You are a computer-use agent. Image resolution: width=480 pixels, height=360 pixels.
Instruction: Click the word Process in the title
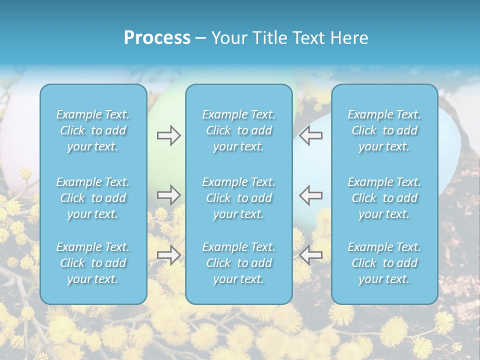click(157, 38)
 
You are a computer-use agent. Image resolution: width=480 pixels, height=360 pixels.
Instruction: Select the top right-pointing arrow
click(168, 135)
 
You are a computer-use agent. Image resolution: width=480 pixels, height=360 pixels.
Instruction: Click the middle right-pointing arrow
click(168, 195)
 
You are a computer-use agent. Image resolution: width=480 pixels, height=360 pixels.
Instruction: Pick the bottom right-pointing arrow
click(168, 255)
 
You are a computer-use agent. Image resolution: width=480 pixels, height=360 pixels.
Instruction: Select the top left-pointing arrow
click(311, 135)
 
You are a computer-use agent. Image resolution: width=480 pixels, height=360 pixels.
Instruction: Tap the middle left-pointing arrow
click(311, 195)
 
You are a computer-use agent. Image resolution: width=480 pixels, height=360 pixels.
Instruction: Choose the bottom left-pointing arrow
click(311, 255)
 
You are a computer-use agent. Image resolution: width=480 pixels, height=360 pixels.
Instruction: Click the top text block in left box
click(93, 130)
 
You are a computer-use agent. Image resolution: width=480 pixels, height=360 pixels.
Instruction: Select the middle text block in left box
click(93, 198)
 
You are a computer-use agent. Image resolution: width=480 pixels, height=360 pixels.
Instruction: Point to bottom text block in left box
click(93, 263)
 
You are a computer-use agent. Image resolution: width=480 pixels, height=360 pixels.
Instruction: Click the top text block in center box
click(239, 130)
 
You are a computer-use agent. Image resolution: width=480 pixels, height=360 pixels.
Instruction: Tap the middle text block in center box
click(239, 198)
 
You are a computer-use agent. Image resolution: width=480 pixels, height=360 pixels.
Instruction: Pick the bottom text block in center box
click(239, 263)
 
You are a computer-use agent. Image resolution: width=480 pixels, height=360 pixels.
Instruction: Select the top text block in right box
click(384, 130)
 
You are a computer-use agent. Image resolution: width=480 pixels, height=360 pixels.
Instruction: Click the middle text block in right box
click(384, 198)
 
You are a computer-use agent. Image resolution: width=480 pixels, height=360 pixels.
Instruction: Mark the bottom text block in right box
click(384, 263)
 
